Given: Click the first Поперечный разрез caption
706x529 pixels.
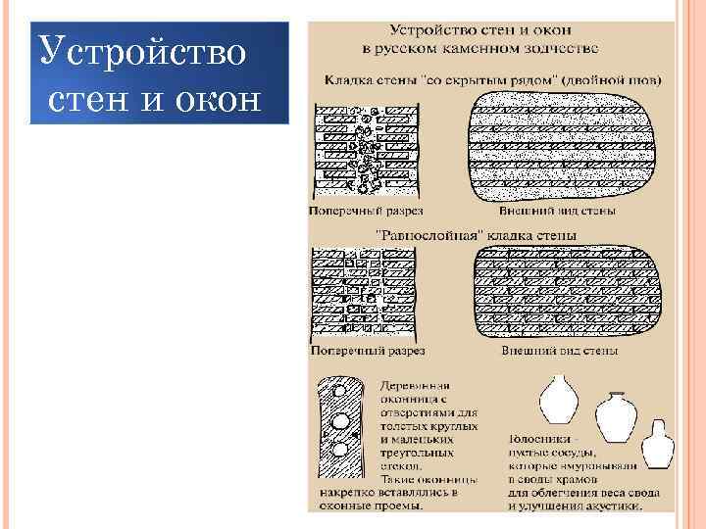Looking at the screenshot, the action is tap(366, 211).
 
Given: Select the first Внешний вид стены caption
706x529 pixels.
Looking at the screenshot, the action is tap(557, 211).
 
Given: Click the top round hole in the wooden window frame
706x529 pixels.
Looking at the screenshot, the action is tap(339, 391).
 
